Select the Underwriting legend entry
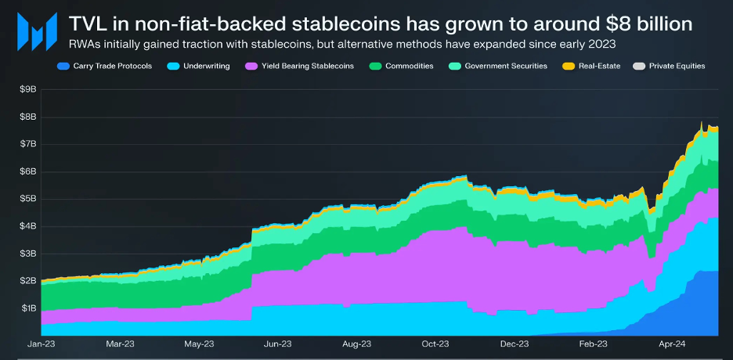pyautogui.click(x=200, y=67)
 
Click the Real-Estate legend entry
pyautogui.click(x=593, y=67)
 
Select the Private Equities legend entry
pyautogui.click(x=671, y=67)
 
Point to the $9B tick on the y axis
pyautogui.click(x=28, y=90)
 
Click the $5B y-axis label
pyautogui.click(x=28, y=199)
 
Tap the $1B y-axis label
pyautogui.click(x=28, y=308)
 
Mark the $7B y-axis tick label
pyautogui.click(x=28, y=144)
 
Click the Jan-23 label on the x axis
pyautogui.click(x=42, y=344)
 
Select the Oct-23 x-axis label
pyautogui.click(x=435, y=344)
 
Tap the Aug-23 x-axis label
pyautogui.click(x=356, y=344)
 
